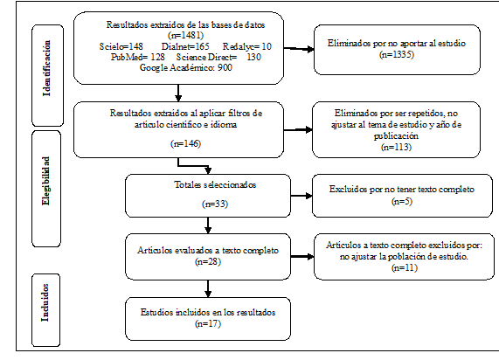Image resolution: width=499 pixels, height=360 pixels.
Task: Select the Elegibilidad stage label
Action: coord(52,183)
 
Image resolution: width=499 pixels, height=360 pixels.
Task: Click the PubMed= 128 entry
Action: coord(121,57)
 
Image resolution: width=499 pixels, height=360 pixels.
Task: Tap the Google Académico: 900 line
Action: coord(182,67)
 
